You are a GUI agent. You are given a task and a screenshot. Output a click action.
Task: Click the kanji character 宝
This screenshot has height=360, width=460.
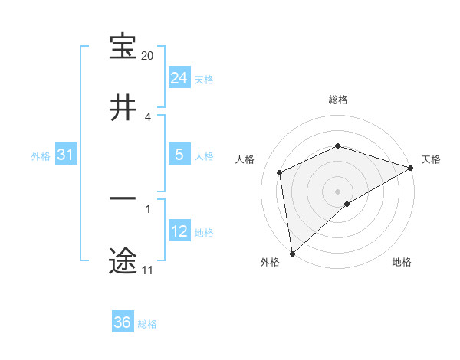tap(123, 47)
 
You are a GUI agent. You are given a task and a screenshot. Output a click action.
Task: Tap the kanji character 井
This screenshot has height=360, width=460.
tap(123, 110)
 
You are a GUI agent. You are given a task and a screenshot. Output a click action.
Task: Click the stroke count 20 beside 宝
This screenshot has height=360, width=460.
tap(148, 56)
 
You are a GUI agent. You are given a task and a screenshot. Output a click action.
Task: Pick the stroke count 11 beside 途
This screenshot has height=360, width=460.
tap(147, 270)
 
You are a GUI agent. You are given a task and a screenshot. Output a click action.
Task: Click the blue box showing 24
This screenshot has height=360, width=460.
tap(179, 77)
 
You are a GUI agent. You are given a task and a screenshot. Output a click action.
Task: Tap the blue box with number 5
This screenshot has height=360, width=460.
tap(179, 154)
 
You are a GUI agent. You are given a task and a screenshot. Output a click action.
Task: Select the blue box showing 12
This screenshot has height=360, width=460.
tap(179, 231)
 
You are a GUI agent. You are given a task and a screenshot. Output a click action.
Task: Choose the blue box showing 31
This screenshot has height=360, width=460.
tap(66, 155)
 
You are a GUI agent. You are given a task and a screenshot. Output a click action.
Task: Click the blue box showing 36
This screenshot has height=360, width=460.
tap(123, 322)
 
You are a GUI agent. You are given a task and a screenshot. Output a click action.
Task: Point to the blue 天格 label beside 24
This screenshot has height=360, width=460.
tap(204, 80)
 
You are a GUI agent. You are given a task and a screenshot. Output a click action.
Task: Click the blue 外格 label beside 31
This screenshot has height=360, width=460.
tap(41, 156)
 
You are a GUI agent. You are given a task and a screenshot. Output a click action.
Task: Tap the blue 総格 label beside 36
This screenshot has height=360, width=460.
tap(147, 324)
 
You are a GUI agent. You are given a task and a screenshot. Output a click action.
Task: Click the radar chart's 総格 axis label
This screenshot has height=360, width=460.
tap(338, 100)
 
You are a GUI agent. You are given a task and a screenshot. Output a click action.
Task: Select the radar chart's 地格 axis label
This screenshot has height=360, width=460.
tap(402, 263)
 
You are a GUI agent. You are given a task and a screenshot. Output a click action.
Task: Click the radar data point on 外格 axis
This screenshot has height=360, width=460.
tap(292, 254)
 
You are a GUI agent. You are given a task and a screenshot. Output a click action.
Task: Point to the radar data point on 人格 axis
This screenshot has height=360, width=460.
tap(280, 172)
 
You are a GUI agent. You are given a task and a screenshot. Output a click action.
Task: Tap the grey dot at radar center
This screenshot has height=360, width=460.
tap(338, 191)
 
